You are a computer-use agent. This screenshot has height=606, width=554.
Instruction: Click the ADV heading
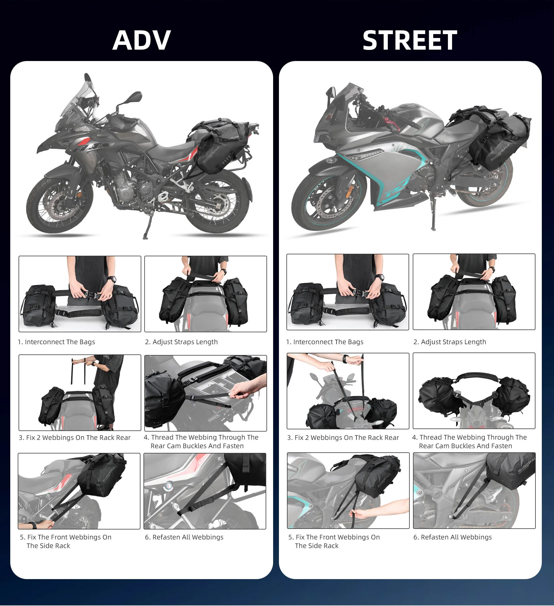pos(142,40)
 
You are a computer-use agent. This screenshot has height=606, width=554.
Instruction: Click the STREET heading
pos(410,40)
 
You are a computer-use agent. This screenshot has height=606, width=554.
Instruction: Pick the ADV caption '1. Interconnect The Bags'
pos(57,342)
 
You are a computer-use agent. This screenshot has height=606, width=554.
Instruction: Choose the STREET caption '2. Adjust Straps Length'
pos(450,342)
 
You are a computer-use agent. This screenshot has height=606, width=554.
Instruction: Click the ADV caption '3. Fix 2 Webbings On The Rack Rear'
pos(75,438)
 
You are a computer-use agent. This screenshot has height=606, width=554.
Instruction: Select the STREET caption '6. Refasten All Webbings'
pos(453,537)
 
